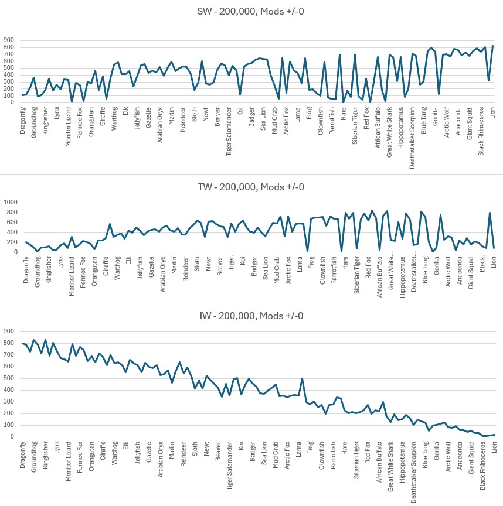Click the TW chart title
(x=251, y=187)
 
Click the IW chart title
(x=251, y=316)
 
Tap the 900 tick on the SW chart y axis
(x=8, y=41)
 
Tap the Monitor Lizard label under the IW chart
(x=69, y=463)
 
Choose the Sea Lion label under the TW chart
(x=264, y=268)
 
